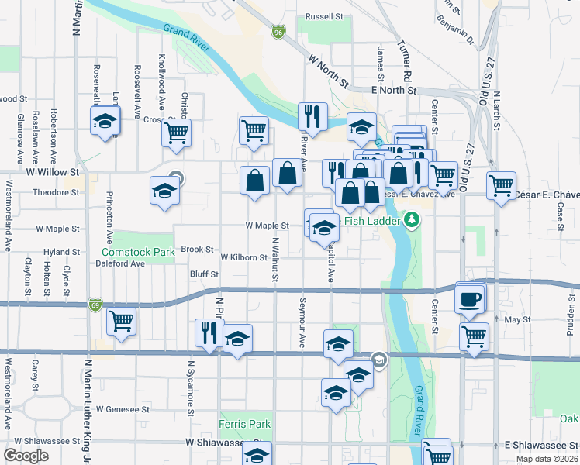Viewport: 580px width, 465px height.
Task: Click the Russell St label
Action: [324, 16]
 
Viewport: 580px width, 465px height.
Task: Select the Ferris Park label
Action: [245, 424]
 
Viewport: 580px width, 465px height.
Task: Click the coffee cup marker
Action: [470, 299]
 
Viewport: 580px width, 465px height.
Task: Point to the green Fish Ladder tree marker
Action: [413, 221]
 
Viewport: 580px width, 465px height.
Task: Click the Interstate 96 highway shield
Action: [278, 33]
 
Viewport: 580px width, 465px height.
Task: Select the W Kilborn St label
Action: [244, 257]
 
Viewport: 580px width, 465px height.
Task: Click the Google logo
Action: [26, 456]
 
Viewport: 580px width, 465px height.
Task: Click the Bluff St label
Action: [204, 274]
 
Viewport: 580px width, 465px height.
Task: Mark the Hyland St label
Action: [61, 253]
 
